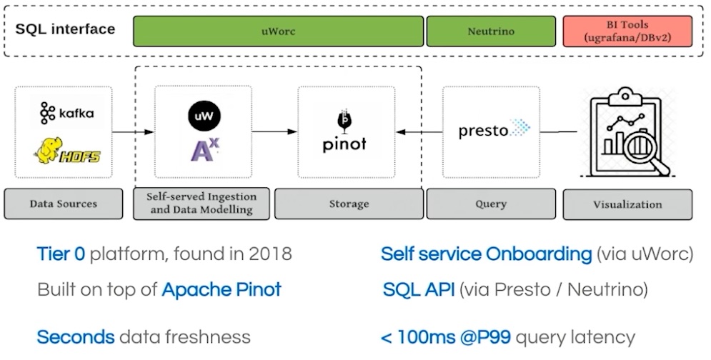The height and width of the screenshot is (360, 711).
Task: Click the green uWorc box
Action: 278,31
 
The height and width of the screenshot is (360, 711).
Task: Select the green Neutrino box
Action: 491,31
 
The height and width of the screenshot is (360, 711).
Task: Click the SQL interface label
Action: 65,29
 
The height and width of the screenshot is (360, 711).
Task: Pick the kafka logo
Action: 66,113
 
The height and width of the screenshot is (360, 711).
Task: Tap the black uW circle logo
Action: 204,115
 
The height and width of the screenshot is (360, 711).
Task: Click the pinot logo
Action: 344,132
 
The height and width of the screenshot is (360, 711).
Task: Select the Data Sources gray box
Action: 64,204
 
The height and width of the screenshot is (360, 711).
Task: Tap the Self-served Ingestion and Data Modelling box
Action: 202,203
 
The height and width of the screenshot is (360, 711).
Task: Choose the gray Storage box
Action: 349,204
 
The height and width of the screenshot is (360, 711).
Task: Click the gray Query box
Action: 491,204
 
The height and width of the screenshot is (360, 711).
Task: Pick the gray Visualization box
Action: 627,204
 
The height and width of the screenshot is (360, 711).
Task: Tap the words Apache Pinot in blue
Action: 222,289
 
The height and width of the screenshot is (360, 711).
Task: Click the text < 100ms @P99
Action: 447,336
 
